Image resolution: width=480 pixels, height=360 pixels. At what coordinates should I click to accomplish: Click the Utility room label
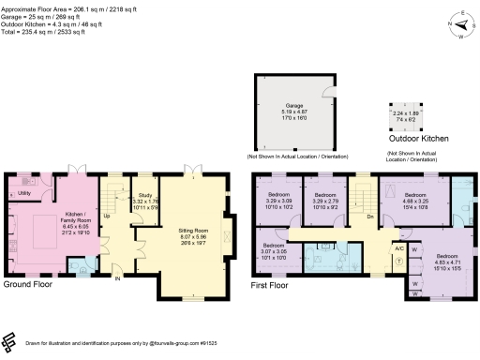click(x=24, y=193)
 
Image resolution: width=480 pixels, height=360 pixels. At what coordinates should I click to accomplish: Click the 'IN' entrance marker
click(x=118, y=279)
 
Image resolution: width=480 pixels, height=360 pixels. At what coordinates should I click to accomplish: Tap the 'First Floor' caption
click(x=273, y=283)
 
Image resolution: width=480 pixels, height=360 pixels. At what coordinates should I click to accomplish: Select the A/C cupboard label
click(x=397, y=247)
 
